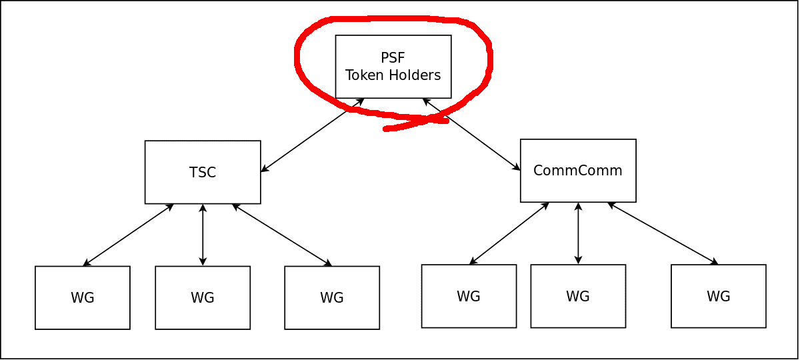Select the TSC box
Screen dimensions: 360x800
(203, 172)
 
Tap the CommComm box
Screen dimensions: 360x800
(578, 171)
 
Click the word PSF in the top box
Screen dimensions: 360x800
(393, 58)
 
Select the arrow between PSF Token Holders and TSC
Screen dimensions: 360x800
(312, 135)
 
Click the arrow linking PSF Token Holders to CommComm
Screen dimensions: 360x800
(471, 135)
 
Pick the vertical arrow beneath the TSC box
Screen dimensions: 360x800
(203, 235)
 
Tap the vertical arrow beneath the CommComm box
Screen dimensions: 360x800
(578, 233)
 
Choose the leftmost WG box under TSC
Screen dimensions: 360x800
(83, 297)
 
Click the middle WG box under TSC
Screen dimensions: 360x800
(203, 297)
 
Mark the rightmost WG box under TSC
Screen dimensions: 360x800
(332, 297)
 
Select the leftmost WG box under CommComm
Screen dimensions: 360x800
(469, 296)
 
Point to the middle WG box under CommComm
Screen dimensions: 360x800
(578, 296)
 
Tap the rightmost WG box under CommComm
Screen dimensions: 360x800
(719, 296)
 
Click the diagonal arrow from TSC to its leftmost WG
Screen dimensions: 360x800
(128, 235)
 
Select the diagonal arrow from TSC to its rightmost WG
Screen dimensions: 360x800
(282, 235)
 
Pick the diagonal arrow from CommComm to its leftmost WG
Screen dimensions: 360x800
(509, 233)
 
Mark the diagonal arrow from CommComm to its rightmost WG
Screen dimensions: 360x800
(663, 233)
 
